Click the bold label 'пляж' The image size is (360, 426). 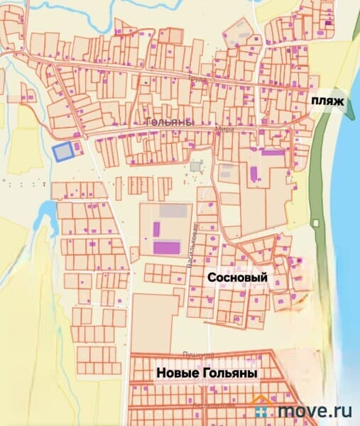tap(327, 102)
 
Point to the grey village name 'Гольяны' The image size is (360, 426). tap(168, 122)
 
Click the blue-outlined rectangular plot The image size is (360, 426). tap(63, 152)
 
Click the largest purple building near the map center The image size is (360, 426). tap(168, 247)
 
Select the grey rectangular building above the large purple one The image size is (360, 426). tap(174, 211)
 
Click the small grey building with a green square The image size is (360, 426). tap(195, 166)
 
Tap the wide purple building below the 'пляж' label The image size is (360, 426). tap(272, 152)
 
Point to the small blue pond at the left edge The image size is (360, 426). tap(47, 209)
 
